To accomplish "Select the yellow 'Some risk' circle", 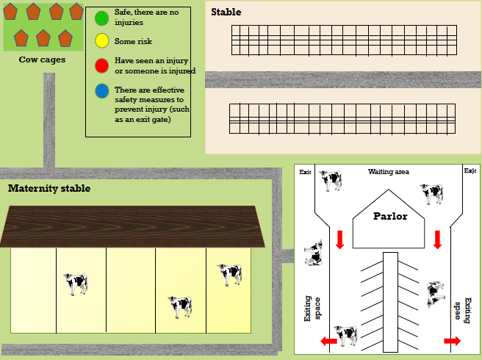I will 102,40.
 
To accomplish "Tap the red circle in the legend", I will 102,65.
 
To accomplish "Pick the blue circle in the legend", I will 102,91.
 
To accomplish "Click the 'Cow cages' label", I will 42,60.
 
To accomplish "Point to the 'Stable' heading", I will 226,12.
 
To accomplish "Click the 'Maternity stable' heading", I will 49,189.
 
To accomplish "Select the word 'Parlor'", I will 389,217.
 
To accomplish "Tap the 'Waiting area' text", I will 388,172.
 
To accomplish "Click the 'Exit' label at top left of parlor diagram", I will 306,172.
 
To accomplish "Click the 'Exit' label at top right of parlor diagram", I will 470,171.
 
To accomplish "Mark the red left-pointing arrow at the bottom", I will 328,342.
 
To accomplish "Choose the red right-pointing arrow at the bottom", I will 452,341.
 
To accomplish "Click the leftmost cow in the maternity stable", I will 75,284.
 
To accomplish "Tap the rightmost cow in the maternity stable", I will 230,274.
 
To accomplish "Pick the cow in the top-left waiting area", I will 330,180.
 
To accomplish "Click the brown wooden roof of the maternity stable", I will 132,226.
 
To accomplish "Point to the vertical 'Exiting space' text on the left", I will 313,309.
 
